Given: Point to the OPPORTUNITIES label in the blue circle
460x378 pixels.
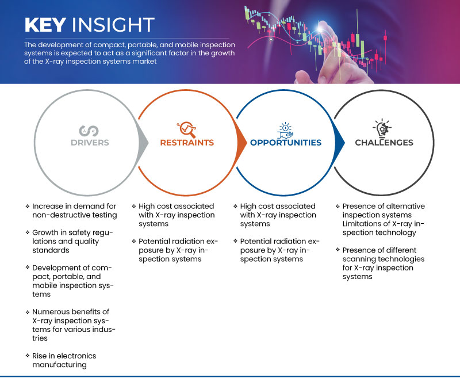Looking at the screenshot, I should [x=285, y=143].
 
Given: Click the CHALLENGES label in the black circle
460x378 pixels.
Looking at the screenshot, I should [x=384, y=143].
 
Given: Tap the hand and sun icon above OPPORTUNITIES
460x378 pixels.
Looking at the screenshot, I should [x=285, y=128].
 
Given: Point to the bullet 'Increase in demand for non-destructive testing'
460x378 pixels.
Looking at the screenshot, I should [x=74, y=210].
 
